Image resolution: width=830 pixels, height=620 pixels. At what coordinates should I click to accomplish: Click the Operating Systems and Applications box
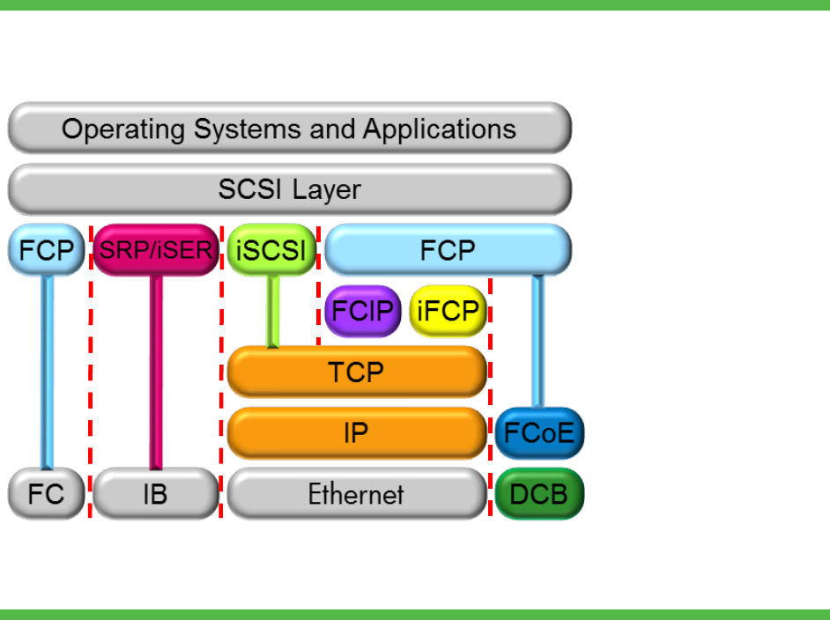(290, 128)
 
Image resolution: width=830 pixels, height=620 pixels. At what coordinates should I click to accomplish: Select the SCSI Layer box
(290, 189)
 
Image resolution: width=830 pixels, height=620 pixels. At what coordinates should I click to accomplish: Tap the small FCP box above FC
(46, 250)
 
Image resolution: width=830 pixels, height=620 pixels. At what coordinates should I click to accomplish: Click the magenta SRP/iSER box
(156, 250)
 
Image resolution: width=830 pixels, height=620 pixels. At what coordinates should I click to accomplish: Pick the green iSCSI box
(271, 250)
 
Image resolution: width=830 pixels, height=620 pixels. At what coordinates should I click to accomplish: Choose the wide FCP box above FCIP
(448, 250)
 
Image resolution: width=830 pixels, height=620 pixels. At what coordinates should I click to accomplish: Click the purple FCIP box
(363, 311)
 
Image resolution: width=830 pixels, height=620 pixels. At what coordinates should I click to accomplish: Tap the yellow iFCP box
(448, 311)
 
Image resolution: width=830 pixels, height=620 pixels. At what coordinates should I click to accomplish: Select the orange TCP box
(357, 372)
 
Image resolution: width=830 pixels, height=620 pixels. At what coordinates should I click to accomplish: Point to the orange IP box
(357, 433)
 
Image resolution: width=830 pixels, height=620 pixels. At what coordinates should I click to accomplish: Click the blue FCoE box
(539, 433)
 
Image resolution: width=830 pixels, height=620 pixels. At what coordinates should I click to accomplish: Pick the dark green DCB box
(539, 494)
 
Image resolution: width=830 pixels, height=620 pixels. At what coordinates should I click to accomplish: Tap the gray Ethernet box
(357, 494)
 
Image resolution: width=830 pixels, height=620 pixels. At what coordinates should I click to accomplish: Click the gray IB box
(156, 494)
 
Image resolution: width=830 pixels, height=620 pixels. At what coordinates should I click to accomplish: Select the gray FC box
(46, 494)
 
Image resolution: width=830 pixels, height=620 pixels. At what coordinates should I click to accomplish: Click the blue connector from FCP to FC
(47, 373)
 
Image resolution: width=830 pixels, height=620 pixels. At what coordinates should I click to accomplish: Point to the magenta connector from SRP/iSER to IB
(156, 373)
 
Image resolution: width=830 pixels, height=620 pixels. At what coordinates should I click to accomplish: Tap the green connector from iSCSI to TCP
(272, 312)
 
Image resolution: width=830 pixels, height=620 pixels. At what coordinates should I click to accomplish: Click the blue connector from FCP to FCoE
(537, 342)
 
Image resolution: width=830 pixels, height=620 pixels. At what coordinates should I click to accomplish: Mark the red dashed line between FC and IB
(91, 372)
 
